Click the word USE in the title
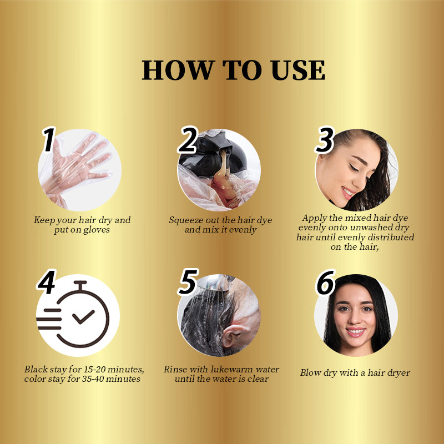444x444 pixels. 298,70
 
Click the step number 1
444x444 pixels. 49,139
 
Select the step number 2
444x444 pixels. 188,140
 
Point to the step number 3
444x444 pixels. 325,140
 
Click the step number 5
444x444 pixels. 188,282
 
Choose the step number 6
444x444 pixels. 325,282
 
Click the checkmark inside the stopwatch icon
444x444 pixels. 83,317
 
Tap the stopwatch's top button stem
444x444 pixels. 80,285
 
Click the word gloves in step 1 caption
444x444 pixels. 96,230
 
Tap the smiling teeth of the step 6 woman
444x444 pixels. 355,330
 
